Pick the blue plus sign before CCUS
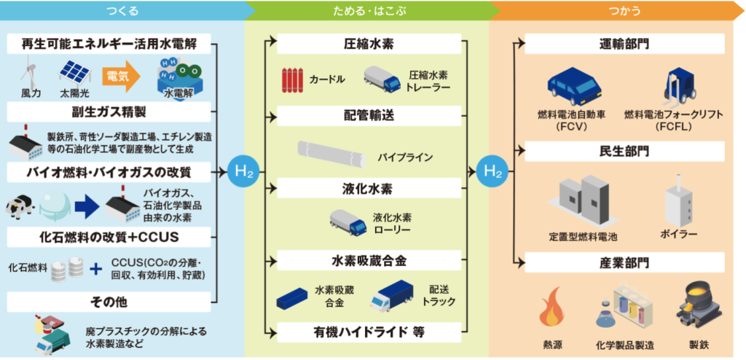pos(95,269)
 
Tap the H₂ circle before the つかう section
pos(493,173)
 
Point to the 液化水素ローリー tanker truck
pos(348,222)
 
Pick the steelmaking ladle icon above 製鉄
pos(697,305)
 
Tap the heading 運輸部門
pos(624,44)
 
